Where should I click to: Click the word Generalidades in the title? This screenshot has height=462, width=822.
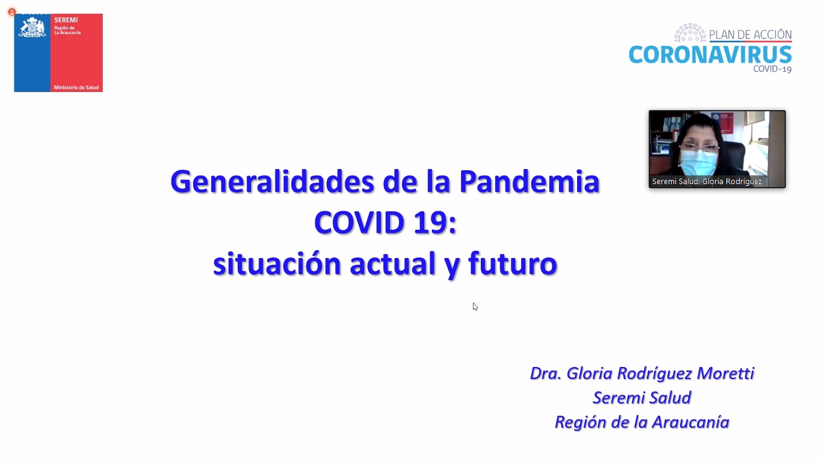pyautogui.click(x=272, y=182)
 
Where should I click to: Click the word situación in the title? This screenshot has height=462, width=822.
pyautogui.click(x=277, y=263)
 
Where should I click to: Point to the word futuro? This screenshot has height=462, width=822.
pyautogui.click(x=513, y=263)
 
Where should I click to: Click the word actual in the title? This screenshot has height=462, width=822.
pyautogui.click(x=393, y=263)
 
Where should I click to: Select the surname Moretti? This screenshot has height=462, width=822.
pyautogui.click(x=725, y=373)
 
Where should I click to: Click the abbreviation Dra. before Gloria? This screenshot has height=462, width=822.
pyautogui.click(x=546, y=373)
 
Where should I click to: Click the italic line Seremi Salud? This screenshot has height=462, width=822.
pyautogui.click(x=642, y=398)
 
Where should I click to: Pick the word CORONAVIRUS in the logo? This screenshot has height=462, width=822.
pyautogui.click(x=710, y=55)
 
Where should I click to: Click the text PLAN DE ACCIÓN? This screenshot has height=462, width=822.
pyautogui.click(x=750, y=34)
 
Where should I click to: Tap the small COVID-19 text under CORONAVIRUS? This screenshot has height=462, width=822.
pyautogui.click(x=772, y=69)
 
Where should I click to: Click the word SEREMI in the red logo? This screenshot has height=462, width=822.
pyautogui.click(x=66, y=20)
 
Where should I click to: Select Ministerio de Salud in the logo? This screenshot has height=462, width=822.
pyautogui.click(x=76, y=87)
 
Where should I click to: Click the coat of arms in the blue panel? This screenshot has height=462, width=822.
pyautogui.click(x=32, y=27)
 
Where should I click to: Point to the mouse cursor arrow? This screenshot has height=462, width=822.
pyautogui.click(x=475, y=307)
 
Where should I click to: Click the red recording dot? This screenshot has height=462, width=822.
pyautogui.click(x=12, y=12)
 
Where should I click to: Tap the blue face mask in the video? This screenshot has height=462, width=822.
pyautogui.click(x=699, y=162)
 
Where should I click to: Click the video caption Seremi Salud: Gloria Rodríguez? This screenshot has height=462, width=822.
pyautogui.click(x=707, y=181)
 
